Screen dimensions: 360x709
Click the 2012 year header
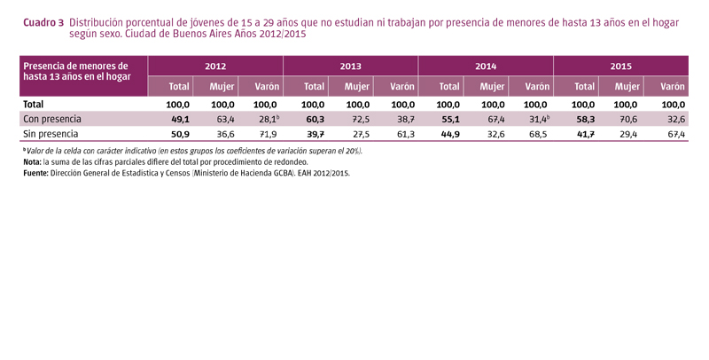(x=215, y=67)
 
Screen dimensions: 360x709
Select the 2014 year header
(x=485, y=67)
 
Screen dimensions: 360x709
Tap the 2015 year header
(x=620, y=67)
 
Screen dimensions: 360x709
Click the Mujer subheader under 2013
(x=356, y=87)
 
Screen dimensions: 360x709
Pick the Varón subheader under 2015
(x=672, y=87)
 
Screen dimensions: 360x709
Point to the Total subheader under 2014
(x=448, y=87)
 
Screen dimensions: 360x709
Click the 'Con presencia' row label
(x=52, y=118)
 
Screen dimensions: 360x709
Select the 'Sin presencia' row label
(x=51, y=133)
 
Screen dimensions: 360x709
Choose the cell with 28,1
(x=266, y=118)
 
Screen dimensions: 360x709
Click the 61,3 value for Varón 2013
(x=403, y=133)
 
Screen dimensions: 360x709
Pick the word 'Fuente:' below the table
(x=37, y=174)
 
